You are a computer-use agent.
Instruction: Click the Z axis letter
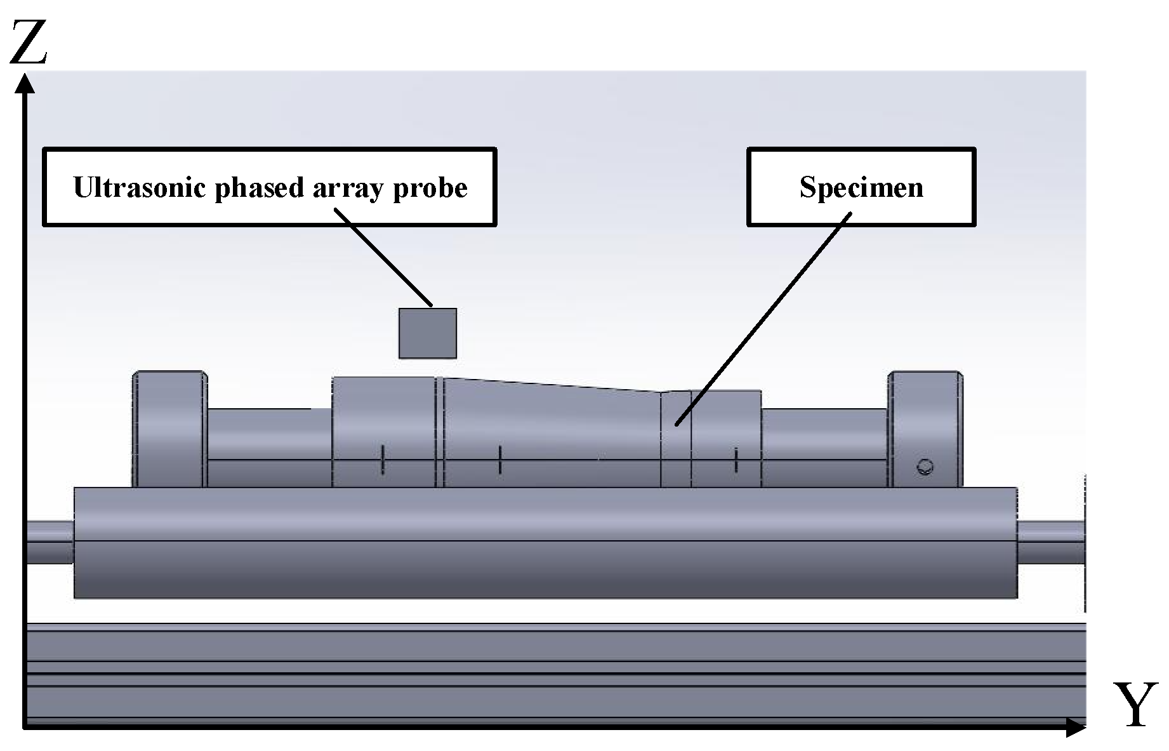coord(28,42)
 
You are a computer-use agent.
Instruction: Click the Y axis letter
coord(1133,705)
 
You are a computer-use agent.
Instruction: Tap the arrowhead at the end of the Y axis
coord(1076,728)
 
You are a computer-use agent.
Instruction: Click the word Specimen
coord(861,187)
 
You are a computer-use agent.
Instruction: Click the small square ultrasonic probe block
coord(427,333)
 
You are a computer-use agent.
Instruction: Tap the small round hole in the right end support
coord(925,467)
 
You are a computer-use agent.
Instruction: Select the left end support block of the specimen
coord(169,429)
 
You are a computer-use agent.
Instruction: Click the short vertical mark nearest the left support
coord(383,459)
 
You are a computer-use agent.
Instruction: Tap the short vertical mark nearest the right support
coord(736,460)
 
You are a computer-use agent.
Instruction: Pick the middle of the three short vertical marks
coord(500,460)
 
